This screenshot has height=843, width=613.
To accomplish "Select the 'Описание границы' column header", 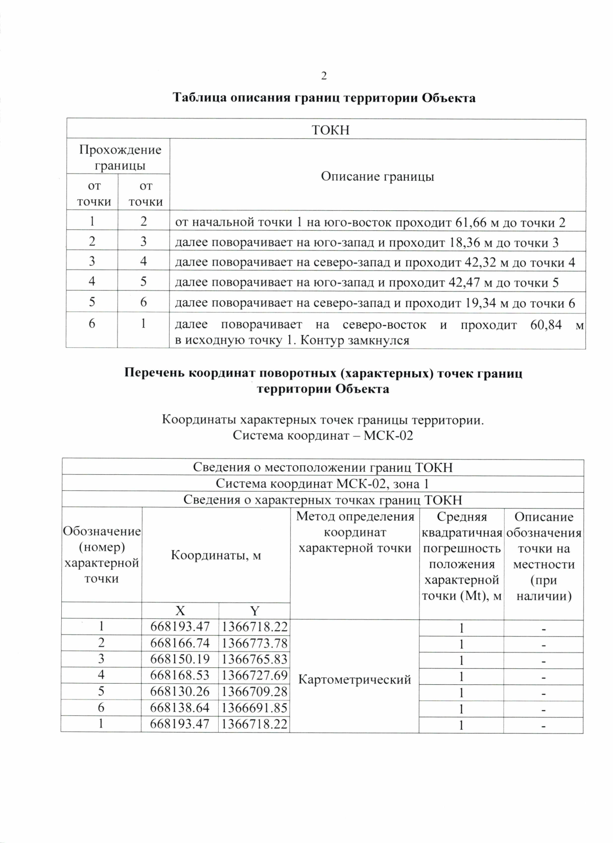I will (x=378, y=177).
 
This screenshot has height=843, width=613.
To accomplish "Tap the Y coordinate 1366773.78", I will (x=254, y=643).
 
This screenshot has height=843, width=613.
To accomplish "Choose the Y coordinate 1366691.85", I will (x=254, y=708).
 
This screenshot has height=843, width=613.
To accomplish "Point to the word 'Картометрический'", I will (x=354, y=680).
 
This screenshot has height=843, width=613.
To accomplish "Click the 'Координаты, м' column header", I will (x=216, y=555).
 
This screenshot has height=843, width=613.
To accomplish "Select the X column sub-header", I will (x=180, y=611).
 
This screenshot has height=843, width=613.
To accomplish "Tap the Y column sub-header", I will (x=254, y=611).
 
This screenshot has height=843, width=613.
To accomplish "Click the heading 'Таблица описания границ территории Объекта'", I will (x=324, y=98).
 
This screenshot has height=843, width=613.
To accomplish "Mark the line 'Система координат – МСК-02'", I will (x=322, y=436).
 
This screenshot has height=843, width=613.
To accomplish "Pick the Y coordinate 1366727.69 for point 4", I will (x=254, y=676).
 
